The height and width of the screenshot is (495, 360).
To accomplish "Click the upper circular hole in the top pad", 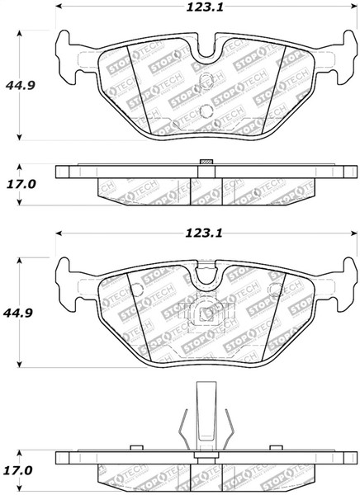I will [x=205, y=86].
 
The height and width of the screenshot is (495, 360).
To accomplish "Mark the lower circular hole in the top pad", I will [x=205, y=111].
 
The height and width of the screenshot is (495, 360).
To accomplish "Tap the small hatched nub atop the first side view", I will [x=206, y=161].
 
